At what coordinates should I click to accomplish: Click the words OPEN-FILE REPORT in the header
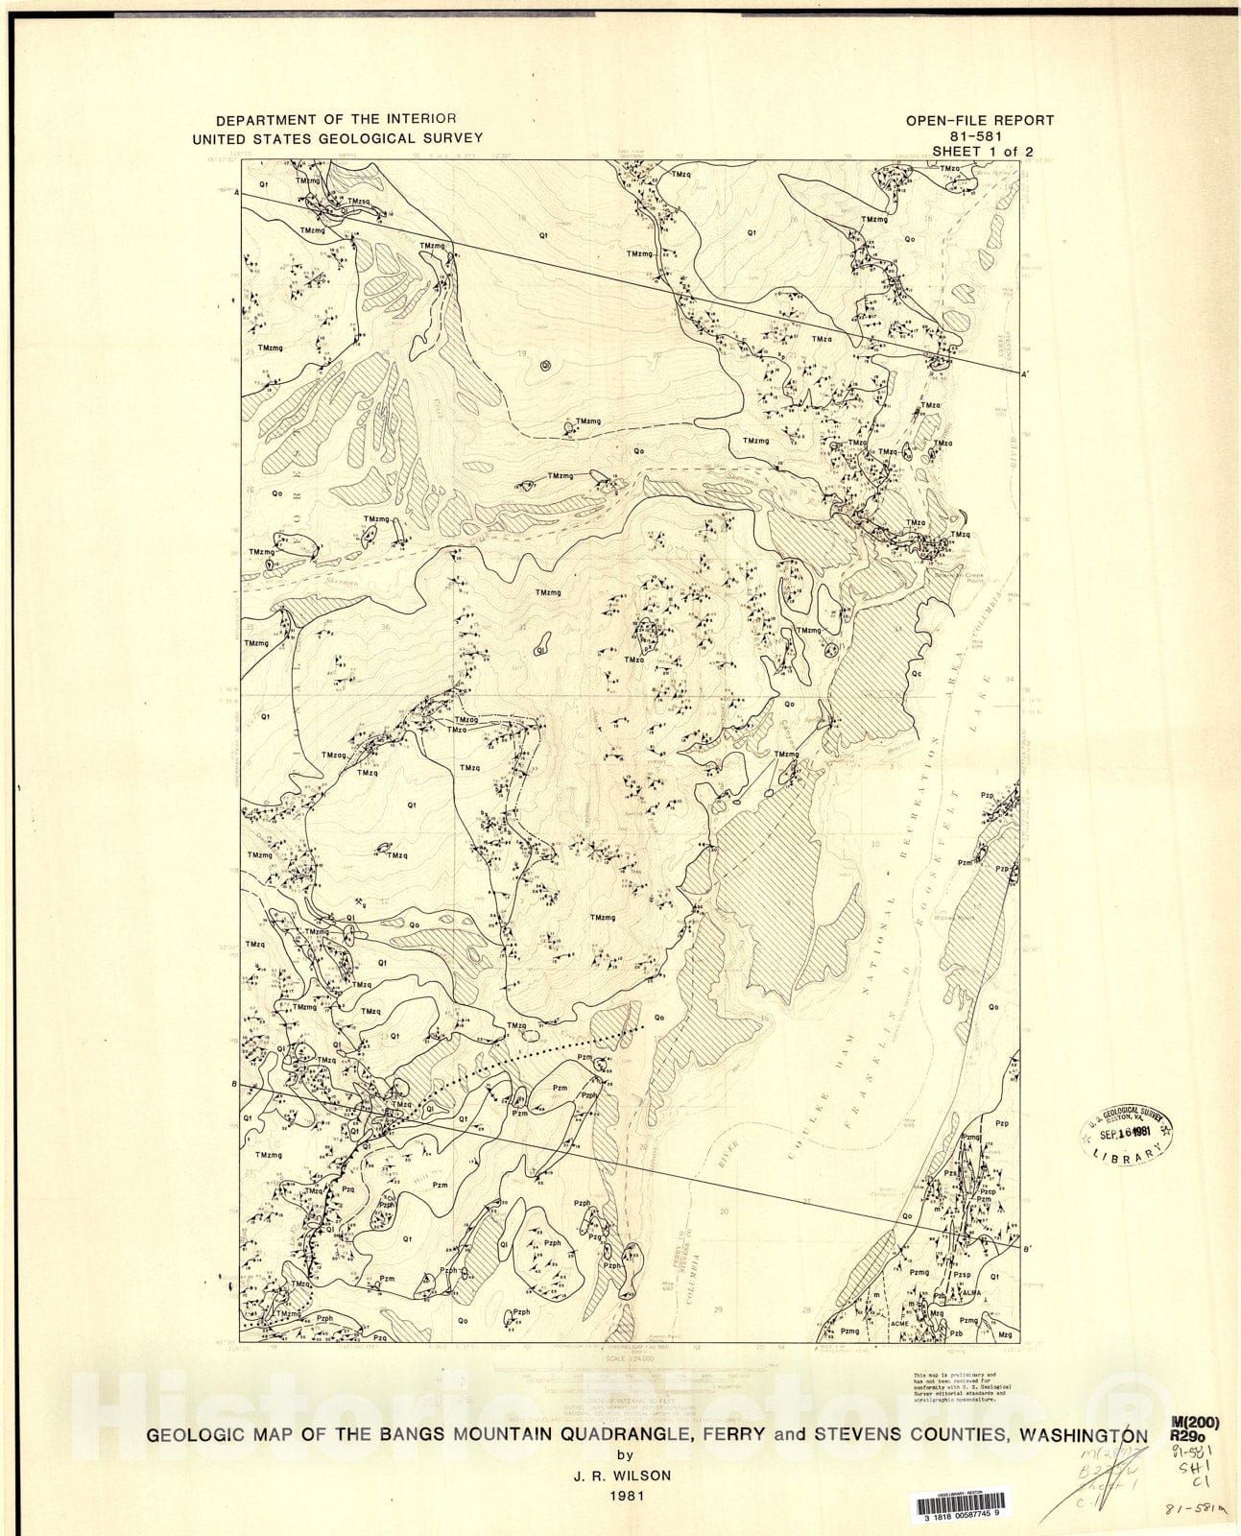tap(979, 121)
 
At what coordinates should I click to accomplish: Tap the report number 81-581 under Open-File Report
tap(979, 136)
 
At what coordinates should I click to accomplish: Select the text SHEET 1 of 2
tap(979, 152)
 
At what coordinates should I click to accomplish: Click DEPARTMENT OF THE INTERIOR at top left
tap(336, 120)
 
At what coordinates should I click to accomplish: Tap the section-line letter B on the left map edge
tap(235, 1085)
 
